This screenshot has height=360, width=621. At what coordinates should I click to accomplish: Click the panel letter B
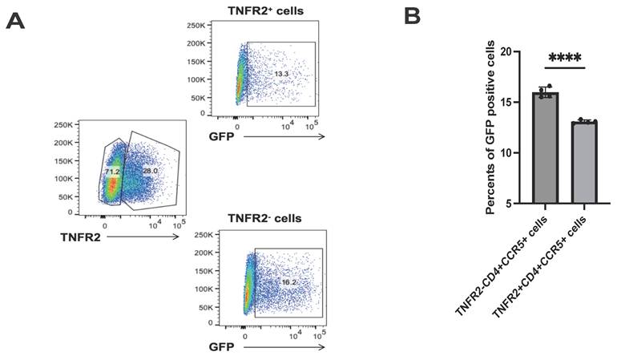tap(412, 15)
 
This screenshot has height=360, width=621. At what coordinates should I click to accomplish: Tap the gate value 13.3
tap(281, 74)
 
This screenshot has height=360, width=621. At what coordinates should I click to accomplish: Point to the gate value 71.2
tap(111, 172)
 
